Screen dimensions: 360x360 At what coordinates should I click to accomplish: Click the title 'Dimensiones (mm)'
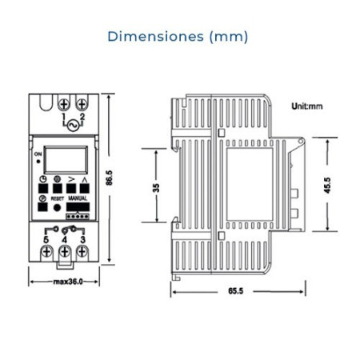point(178,37)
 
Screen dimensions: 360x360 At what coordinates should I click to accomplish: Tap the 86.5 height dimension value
point(109,178)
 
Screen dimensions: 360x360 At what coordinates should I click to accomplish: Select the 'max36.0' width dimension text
point(68,282)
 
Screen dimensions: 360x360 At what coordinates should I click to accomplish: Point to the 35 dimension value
point(156,188)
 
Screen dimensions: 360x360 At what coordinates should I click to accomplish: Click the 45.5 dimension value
point(327,186)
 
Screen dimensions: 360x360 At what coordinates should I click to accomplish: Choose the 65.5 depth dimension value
point(236,290)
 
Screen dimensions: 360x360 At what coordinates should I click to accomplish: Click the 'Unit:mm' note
point(307,106)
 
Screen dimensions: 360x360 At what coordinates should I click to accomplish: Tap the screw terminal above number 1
point(64,104)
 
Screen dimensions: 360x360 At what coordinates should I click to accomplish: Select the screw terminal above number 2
point(82,104)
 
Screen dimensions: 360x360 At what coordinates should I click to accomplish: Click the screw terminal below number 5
point(46,251)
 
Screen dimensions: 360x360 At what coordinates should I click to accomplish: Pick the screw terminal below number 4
point(65,251)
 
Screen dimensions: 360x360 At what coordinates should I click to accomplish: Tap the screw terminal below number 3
point(82,251)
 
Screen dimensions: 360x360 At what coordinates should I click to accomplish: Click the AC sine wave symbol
point(73,126)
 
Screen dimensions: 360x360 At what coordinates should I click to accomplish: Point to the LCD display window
point(66,160)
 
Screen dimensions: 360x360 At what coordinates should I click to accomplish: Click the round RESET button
point(57,207)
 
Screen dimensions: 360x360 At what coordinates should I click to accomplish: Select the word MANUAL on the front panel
point(78,198)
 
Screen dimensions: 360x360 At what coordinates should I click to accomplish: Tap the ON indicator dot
point(38,162)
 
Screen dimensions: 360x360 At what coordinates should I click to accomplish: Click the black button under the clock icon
point(43,188)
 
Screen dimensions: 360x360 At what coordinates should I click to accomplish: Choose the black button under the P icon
point(42,207)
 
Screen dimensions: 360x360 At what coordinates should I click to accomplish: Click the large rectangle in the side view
point(250,184)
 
